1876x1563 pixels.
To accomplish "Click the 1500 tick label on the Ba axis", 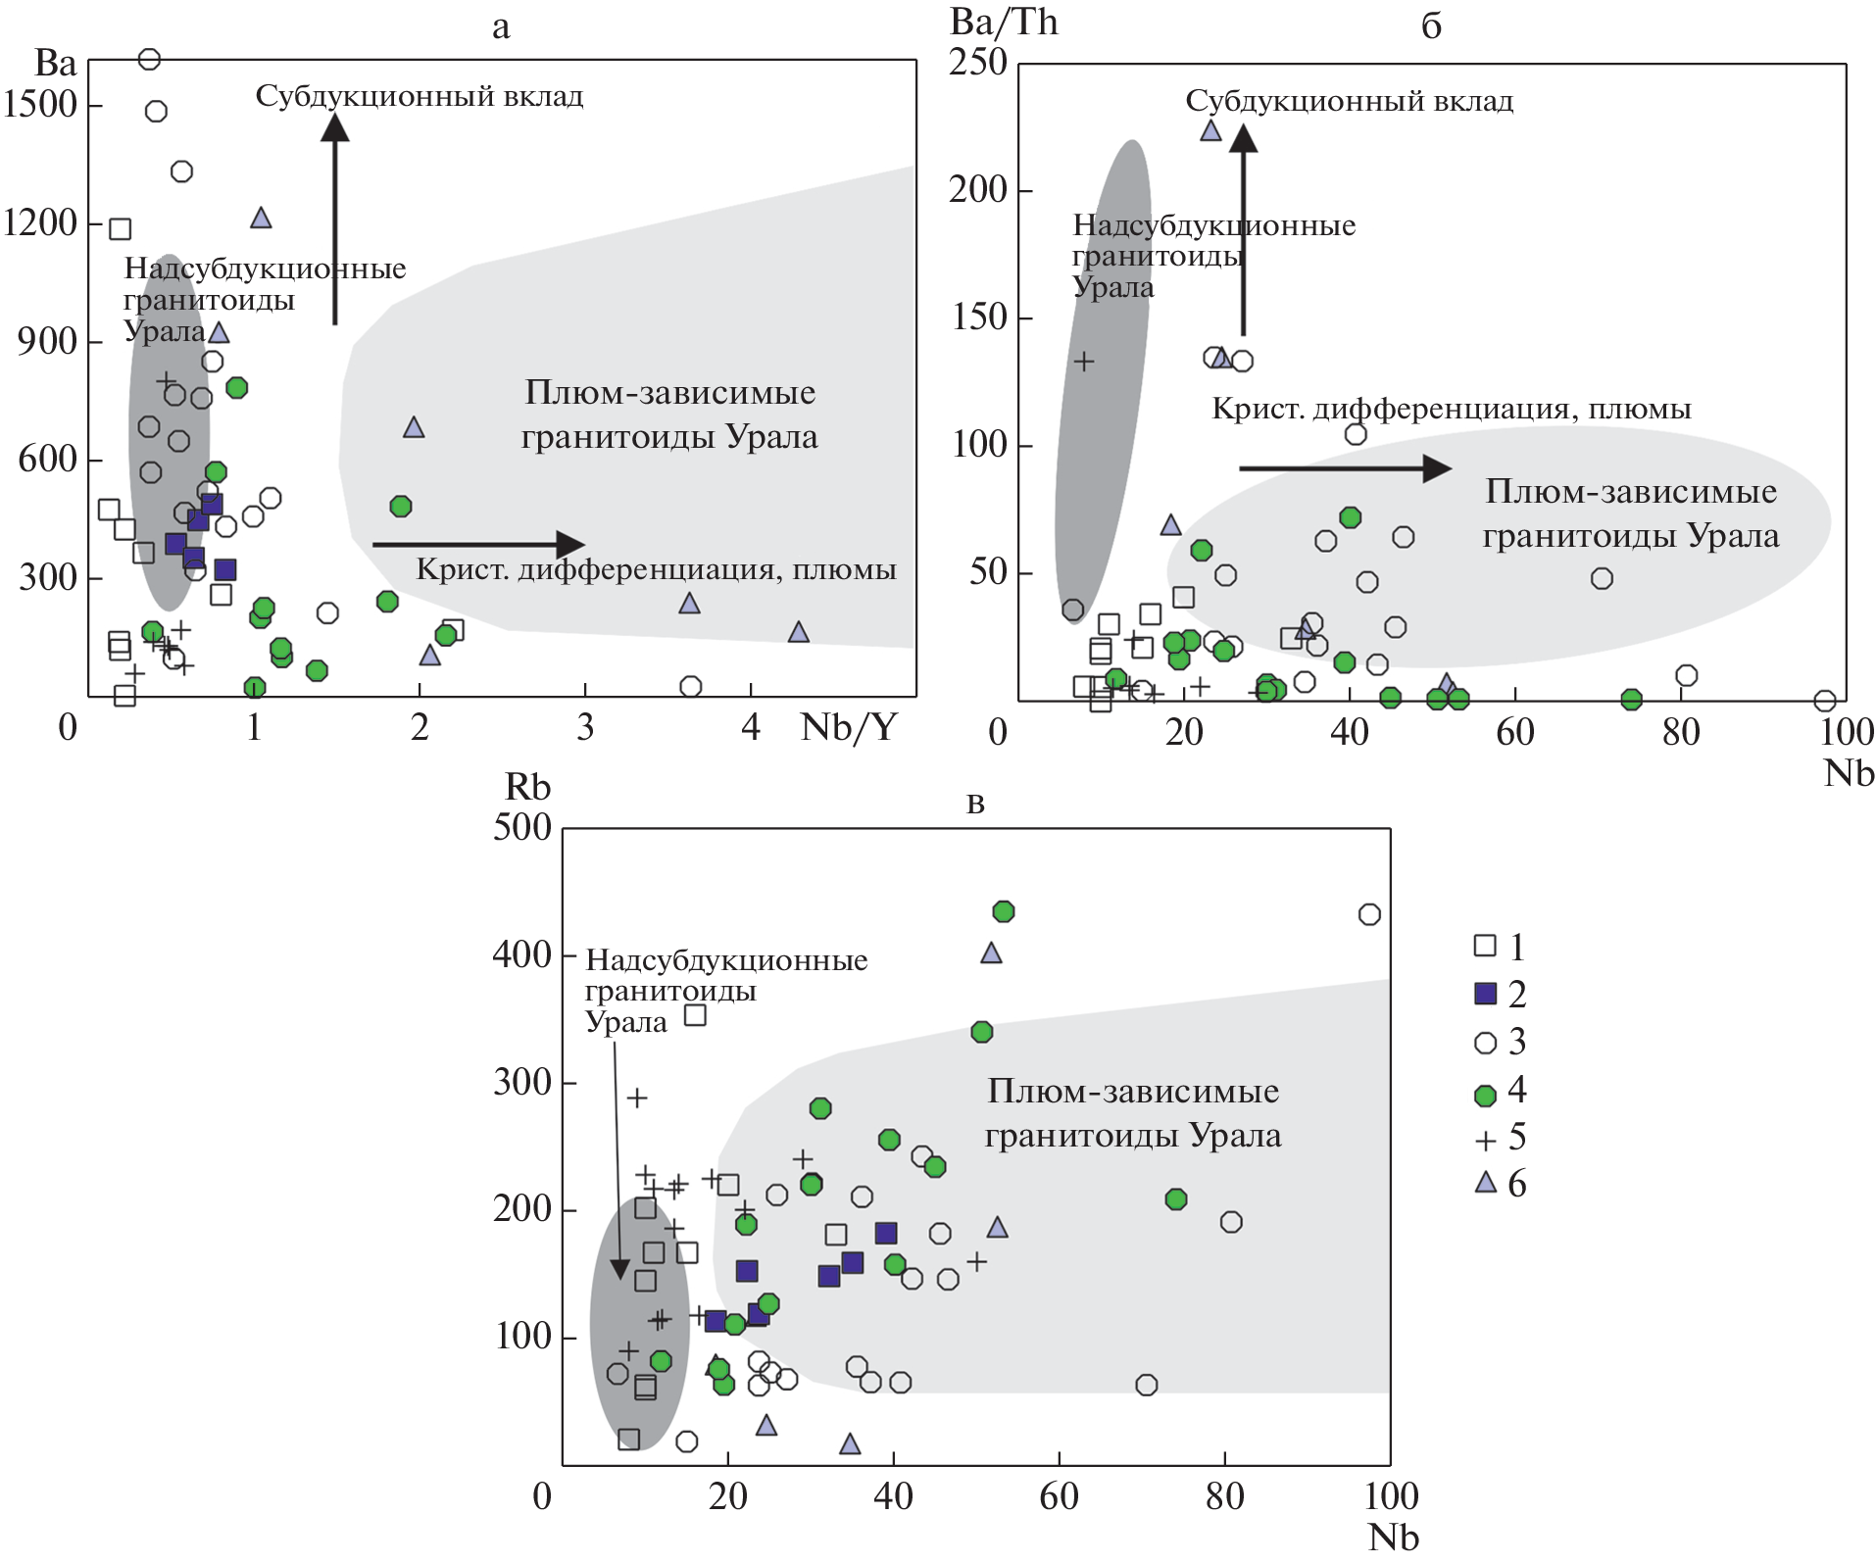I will pos(40,104).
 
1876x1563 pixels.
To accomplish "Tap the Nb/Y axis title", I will pos(849,727).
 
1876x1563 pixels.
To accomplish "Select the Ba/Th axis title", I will pos(1004,23).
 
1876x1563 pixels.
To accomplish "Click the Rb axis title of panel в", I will pos(527,787).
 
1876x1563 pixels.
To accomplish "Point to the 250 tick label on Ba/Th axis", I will pos(978,63).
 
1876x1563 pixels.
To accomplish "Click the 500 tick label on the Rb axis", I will pos(522,827).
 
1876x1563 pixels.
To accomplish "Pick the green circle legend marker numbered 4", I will pos(1486,1095).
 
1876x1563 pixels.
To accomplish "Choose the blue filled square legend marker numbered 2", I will pos(1486,994).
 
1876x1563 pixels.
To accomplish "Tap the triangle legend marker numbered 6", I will pos(1486,1183).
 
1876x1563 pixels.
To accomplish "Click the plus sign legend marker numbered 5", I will pos(1486,1140).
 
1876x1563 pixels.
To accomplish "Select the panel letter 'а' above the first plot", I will pos(501,27).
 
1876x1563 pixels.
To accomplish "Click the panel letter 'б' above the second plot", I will pos(1431,26).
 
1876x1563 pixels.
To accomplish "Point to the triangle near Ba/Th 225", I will pos(1211,130).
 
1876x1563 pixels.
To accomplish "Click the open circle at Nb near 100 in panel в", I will pos(1369,914).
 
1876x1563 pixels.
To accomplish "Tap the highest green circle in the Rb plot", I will pos(1003,912).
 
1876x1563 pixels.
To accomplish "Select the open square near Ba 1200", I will pos(120,229).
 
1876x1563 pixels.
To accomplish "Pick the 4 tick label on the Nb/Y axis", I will pos(751,727).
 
